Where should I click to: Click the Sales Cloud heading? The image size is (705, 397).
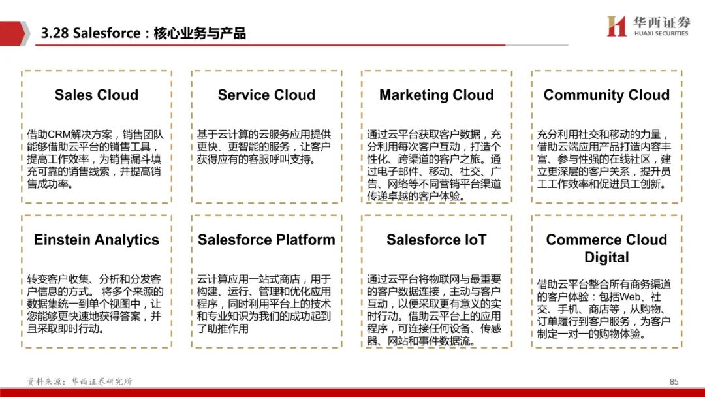(96, 95)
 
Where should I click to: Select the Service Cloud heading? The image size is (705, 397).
(266, 95)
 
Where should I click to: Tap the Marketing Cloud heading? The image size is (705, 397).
(437, 95)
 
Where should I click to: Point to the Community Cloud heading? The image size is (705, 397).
(606, 95)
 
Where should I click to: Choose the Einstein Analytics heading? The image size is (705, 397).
(96, 240)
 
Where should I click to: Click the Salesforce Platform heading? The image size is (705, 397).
(266, 240)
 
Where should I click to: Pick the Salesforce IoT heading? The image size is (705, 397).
(437, 240)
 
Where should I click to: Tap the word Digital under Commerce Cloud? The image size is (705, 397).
(606, 258)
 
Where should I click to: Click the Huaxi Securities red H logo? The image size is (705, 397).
(616, 25)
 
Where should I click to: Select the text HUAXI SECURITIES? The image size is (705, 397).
(661, 33)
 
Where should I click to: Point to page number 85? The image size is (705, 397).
(674, 382)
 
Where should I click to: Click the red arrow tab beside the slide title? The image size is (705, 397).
(14, 33)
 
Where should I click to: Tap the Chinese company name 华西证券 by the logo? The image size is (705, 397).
(661, 22)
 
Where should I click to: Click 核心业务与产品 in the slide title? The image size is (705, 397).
(200, 33)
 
